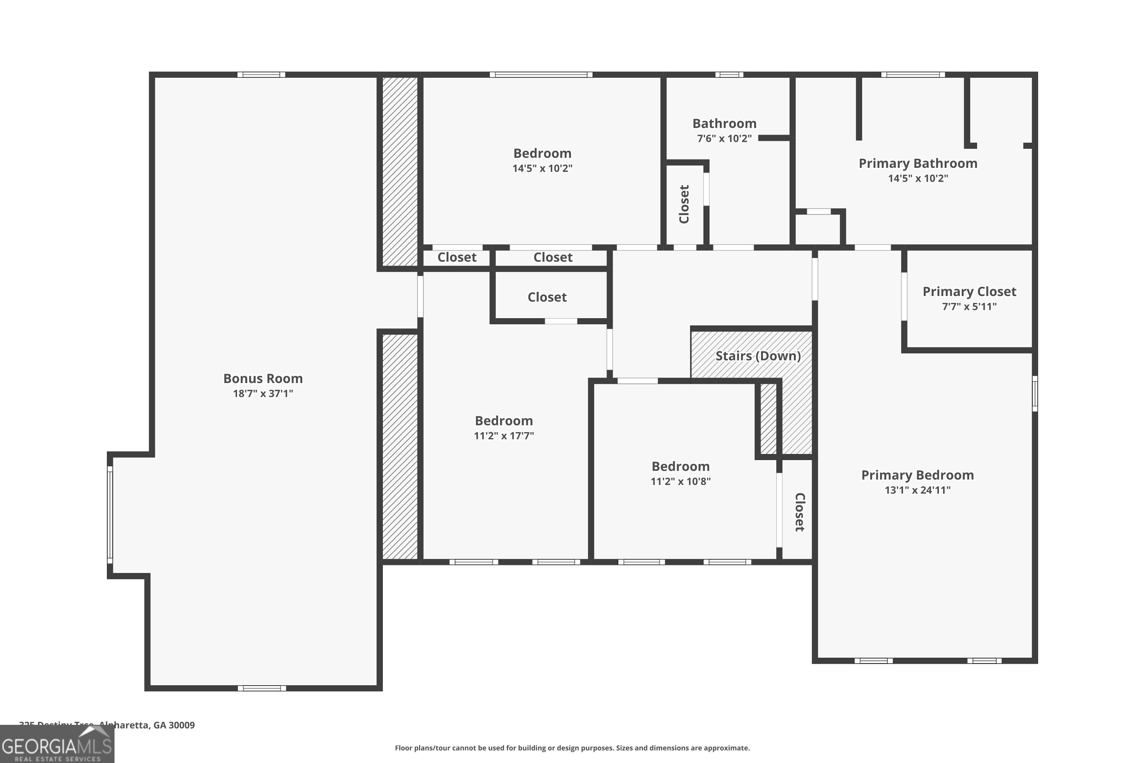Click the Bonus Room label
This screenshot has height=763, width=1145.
tap(263, 378)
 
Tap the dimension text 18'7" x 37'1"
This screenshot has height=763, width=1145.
tap(263, 394)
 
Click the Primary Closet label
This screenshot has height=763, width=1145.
tap(969, 292)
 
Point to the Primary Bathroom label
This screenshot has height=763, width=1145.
tap(918, 164)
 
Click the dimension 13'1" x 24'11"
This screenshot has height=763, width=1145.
tap(917, 490)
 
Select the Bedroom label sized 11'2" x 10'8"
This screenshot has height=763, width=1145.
tap(680, 467)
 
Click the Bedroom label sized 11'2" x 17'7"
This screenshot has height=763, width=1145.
tap(503, 421)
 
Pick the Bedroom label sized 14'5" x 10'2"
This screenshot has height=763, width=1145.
tap(542, 154)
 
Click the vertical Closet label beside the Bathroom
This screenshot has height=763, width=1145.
tap(684, 204)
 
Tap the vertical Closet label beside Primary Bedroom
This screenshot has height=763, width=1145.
tap(799, 512)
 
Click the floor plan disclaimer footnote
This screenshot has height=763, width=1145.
tap(572, 748)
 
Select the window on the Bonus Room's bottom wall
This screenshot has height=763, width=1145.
tap(261, 688)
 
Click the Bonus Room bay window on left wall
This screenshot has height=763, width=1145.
tap(110, 515)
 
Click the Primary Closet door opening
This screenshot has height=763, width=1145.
tap(904, 296)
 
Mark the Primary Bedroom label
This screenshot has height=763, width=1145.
tap(917, 475)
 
